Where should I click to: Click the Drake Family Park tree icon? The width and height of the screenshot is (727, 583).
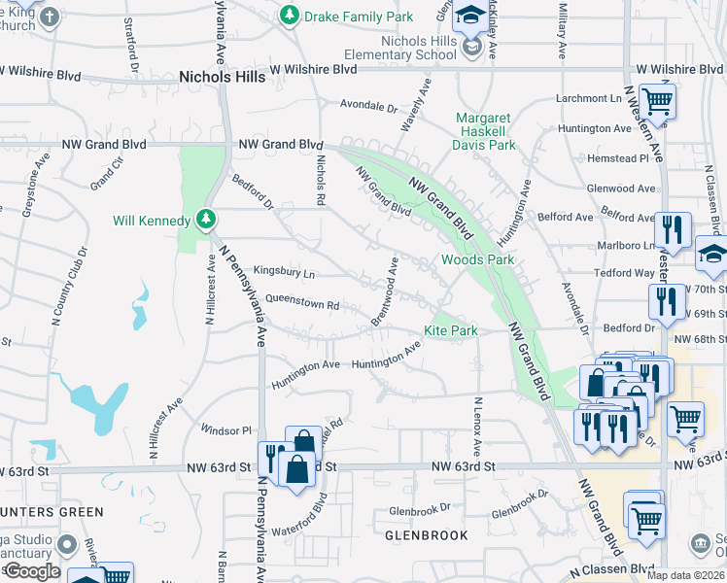(x=289, y=16)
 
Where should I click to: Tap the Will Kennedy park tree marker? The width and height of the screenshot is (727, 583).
(x=205, y=221)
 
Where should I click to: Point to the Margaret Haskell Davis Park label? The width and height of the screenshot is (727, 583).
(x=485, y=131)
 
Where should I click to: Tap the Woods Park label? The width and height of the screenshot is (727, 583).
(x=477, y=259)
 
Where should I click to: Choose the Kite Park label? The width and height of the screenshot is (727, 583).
(x=450, y=330)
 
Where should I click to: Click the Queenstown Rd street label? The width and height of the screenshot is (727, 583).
(x=301, y=303)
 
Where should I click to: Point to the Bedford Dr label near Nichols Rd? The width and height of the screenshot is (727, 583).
(x=254, y=191)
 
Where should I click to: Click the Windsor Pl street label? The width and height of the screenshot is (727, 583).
(x=225, y=429)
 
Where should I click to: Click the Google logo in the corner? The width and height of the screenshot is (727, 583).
(x=31, y=571)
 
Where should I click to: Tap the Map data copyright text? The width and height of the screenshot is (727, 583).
(x=685, y=575)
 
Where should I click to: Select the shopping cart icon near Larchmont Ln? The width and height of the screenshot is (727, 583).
(x=658, y=99)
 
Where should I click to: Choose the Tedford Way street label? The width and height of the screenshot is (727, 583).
(x=625, y=273)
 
